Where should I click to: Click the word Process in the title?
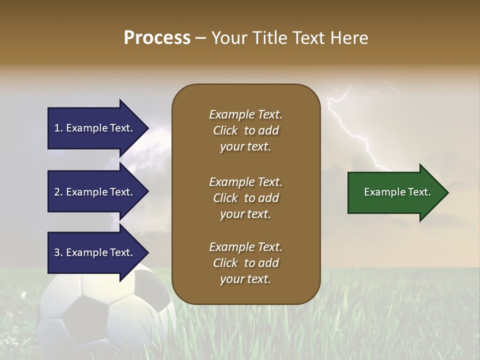[x=157, y=38]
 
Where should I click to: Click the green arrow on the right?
[x=395, y=192]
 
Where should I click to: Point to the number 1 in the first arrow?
[x=57, y=128]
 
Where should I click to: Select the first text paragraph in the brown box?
[x=245, y=130]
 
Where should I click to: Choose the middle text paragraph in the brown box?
[x=245, y=198]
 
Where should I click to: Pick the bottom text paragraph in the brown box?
[x=245, y=263]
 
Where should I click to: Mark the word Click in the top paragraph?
[x=225, y=130]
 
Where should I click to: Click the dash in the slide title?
[x=200, y=38]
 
